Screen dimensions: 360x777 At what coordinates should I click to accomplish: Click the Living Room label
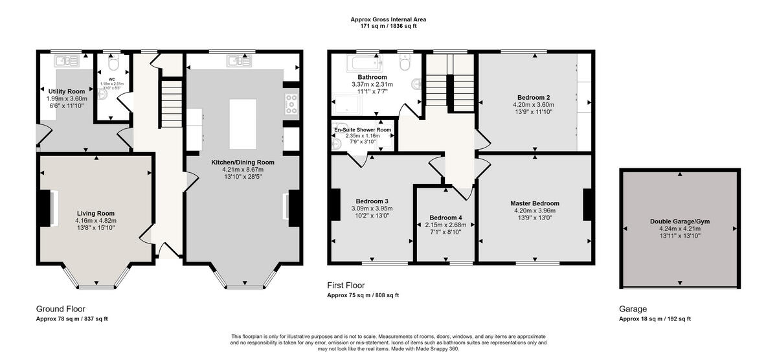pyautogui.click(x=95, y=213)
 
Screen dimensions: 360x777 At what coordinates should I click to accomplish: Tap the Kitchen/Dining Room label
pyautogui.click(x=243, y=162)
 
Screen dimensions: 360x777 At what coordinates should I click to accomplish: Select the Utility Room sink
pyautogui.click(x=67, y=61)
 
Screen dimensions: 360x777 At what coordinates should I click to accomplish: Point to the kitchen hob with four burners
pyautogui.click(x=291, y=105)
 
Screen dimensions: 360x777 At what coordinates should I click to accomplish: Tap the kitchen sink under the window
pyautogui.click(x=238, y=61)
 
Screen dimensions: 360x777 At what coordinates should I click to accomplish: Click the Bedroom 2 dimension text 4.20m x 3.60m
pyautogui.click(x=534, y=104)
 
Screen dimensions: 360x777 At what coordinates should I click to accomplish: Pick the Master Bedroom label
pyautogui.click(x=534, y=203)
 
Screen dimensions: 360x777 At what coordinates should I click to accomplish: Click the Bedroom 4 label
pyautogui.click(x=445, y=218)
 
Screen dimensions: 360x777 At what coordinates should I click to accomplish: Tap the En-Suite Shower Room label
pyautogui.click(x=363, y=130)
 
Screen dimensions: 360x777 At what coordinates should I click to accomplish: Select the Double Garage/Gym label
pyautogui.click(x=679, y=221)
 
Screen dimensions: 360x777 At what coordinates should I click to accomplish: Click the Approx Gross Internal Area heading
pyautogui.click(x=388, y=19)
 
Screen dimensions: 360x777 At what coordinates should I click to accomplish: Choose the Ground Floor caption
pyautogui.click(x=60, y=309)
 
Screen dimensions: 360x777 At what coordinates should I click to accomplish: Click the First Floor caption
pyautogui.click(x=346, y=285)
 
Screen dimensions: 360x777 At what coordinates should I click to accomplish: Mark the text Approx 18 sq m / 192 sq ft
pyautogui.click(x=655, y=319)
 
